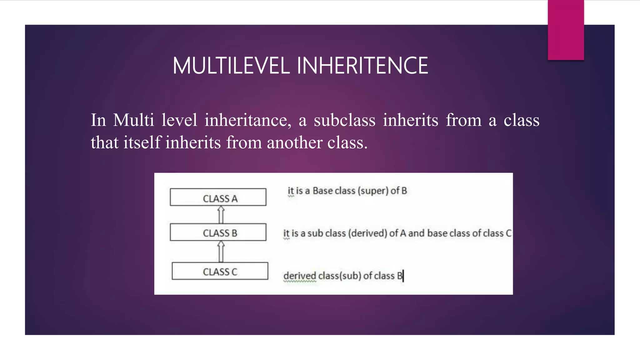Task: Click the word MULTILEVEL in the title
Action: pos(231,66)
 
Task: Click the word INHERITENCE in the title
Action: pos(362,66)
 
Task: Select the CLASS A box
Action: pos(218,197)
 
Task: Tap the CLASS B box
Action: pos(218,232)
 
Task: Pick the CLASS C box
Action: pos(220,271)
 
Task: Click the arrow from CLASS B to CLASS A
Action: pos(221,214)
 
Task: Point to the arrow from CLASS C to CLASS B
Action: pos(221,251)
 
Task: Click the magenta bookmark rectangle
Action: pos(566,30)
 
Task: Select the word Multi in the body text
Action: pos(133,120)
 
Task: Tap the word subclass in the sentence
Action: pos(344,120)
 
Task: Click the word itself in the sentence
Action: pos(142,142)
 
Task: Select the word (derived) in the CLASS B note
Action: pos(367,233)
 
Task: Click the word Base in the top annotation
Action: pos(322,191)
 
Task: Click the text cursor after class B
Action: pos(403,276)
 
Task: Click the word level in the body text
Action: pos(179,120)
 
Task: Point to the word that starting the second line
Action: pos(105,142)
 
